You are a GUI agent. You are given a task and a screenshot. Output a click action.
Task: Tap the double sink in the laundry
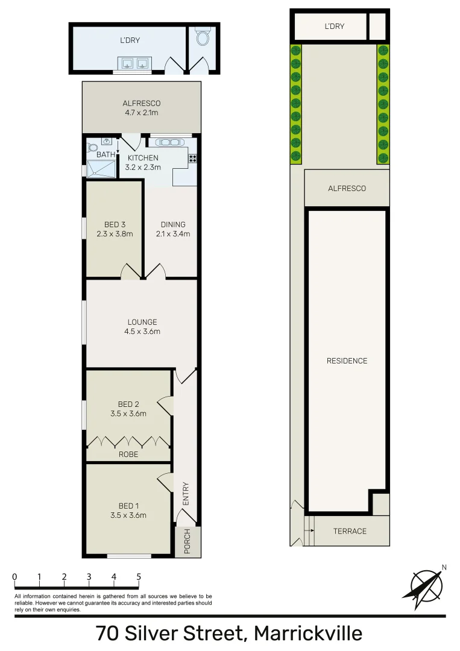134,63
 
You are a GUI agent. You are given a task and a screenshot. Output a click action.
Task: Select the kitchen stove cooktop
193,159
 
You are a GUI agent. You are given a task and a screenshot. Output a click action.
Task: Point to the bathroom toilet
92,148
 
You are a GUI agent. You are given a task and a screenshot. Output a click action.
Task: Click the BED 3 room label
115,225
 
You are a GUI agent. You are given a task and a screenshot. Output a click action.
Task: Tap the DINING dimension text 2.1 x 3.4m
173,234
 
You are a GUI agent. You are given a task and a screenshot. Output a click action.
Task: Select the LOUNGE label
142,322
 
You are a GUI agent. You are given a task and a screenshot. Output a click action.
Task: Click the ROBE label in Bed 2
128,454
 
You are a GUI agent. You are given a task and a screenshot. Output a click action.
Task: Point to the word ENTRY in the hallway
186,494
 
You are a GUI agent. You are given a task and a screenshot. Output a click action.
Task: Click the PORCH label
187,542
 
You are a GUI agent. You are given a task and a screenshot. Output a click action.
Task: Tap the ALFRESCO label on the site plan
347,189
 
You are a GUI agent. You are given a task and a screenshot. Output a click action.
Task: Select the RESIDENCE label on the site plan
347,361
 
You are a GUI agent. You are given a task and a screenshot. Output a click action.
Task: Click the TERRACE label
350,531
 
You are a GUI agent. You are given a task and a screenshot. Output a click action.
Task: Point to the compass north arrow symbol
427,585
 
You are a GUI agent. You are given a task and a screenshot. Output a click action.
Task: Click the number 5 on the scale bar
139,577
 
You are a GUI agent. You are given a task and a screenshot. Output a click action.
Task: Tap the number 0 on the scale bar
14,577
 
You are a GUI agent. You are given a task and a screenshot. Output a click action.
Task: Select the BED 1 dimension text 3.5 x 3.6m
128,515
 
